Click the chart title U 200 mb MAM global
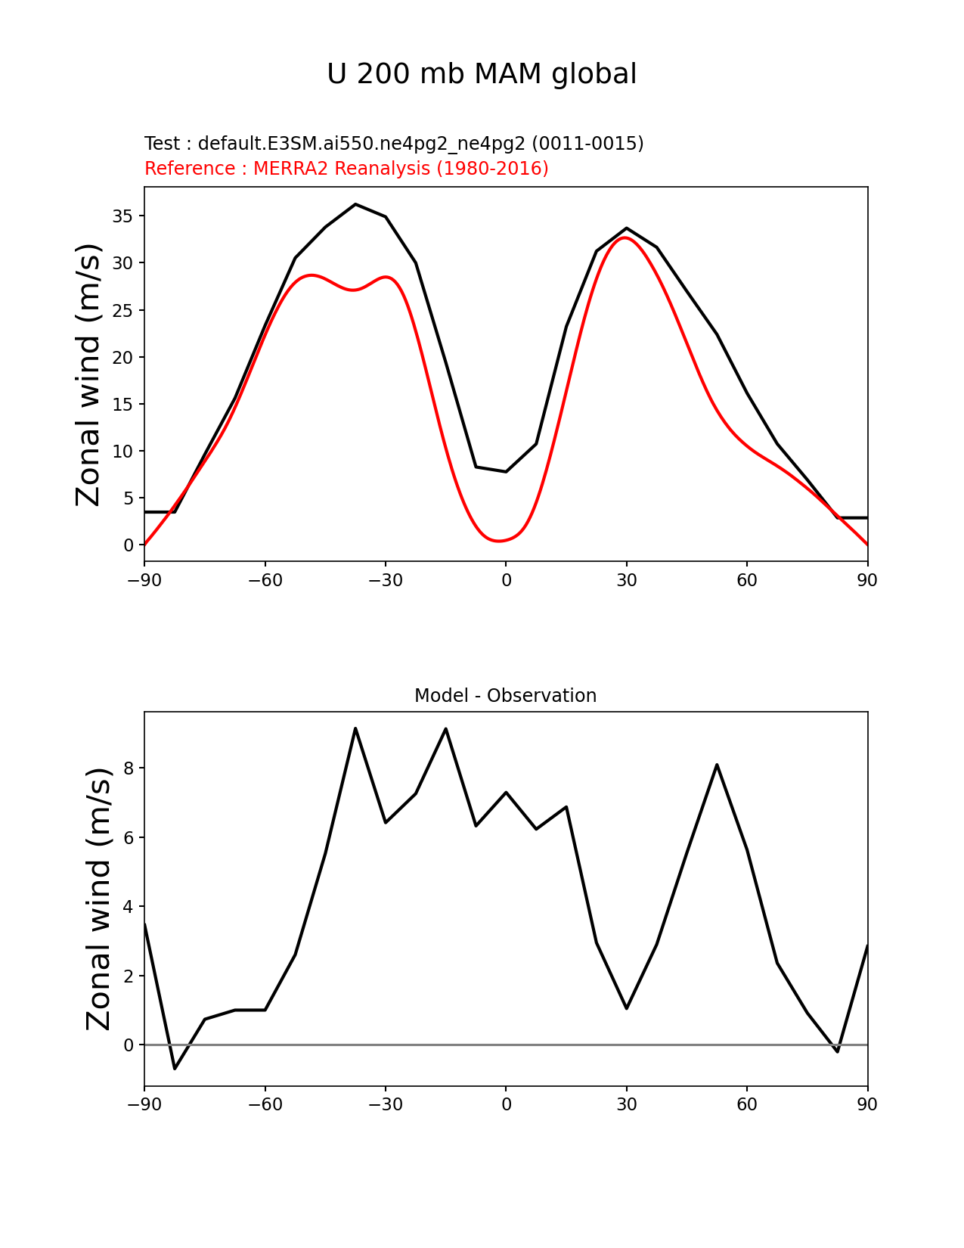482,74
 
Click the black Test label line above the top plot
394,144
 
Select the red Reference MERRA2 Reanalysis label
346,169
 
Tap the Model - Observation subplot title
505,696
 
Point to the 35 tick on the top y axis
123,216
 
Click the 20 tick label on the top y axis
123,357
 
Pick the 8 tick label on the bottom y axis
129,768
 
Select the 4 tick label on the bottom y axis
129,907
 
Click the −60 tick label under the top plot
265,581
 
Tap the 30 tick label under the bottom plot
627,1105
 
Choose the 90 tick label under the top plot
867,581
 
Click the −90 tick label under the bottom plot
144,1105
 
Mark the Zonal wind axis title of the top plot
88,374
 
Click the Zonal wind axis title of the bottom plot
98,899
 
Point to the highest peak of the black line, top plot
355,204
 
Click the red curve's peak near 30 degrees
625,237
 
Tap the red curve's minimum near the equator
499,541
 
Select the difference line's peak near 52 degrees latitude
717,765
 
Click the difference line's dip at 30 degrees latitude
627,1008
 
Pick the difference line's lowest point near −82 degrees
175,1068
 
